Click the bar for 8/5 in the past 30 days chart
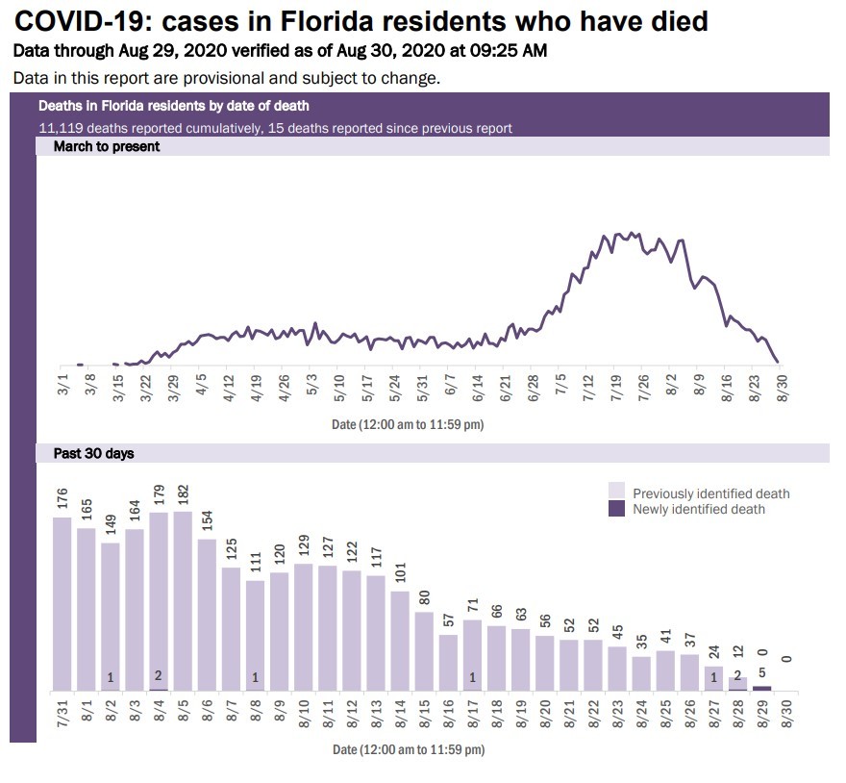coord(184,601)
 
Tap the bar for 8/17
coord(472,655)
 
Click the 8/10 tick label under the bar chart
coord(304,717)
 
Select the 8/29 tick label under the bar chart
coord(761,717)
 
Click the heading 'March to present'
coord(92,147)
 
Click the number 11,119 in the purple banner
coord(61,128)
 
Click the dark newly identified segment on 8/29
coord(761,688)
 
